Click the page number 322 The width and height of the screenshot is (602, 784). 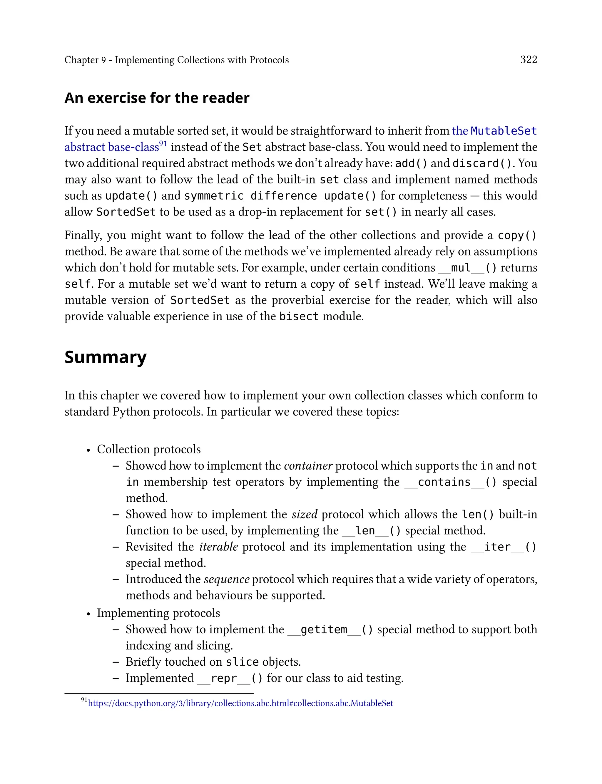pos(528,59)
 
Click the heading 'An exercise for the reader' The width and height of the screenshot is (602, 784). pos(157,98)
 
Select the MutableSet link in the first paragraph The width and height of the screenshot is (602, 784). pos(503,131)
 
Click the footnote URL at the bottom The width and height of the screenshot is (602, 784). pos(240,703)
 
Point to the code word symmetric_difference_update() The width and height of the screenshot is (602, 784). pos(280,196)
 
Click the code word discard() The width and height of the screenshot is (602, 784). pos(482,164)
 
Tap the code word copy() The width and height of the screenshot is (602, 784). pos(517,236)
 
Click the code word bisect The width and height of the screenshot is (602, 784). pos(298,316)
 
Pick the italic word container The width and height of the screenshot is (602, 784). pos(308,466)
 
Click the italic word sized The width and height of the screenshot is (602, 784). pos(304,515)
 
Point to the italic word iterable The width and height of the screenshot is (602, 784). pos(219,547)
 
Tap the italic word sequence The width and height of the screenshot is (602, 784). pos(226,579)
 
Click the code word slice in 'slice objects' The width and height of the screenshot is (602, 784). pos(242,662)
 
